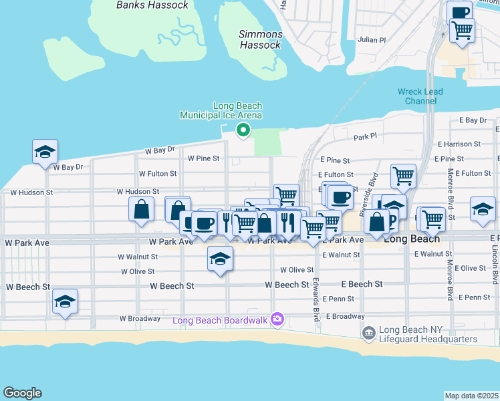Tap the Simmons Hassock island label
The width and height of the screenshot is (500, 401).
click(x=261, y=39)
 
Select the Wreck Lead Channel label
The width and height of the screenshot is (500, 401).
click(x=416, y=96)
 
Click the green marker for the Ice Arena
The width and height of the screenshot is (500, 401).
click(x=244, y=130)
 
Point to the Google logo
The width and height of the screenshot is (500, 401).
click(x=22, y=393)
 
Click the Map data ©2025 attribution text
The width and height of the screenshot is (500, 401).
click(x=471, y=396)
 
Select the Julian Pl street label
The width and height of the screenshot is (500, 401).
click(x=372, y=40)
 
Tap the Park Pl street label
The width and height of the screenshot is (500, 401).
click(x=365, y=137)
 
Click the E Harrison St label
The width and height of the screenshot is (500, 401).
click(x=459, y=144)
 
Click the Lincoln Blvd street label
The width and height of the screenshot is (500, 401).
click(x=495, y=267)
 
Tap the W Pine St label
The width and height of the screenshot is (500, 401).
click(x=204, y=158)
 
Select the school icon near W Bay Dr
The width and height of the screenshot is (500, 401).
click(x=45, y=152)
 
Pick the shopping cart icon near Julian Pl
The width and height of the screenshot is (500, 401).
click(x=462, y=30)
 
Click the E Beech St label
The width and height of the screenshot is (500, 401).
click(x=362, y=284)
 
